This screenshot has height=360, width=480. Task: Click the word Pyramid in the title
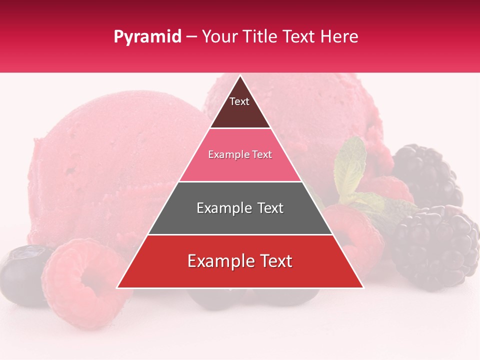[x=147, y=37]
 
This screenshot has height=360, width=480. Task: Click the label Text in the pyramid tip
[x=239, y=101]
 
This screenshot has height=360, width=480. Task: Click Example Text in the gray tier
[x=240, y=208]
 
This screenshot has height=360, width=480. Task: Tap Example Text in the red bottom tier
[x=240, y=261]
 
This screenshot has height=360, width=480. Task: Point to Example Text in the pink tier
[x=240, y=154]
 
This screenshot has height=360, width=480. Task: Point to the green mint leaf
[x=352, y=165]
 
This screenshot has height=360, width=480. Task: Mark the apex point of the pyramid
[x=240, y=76]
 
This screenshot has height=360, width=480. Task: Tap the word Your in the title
[x=219, y=37]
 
